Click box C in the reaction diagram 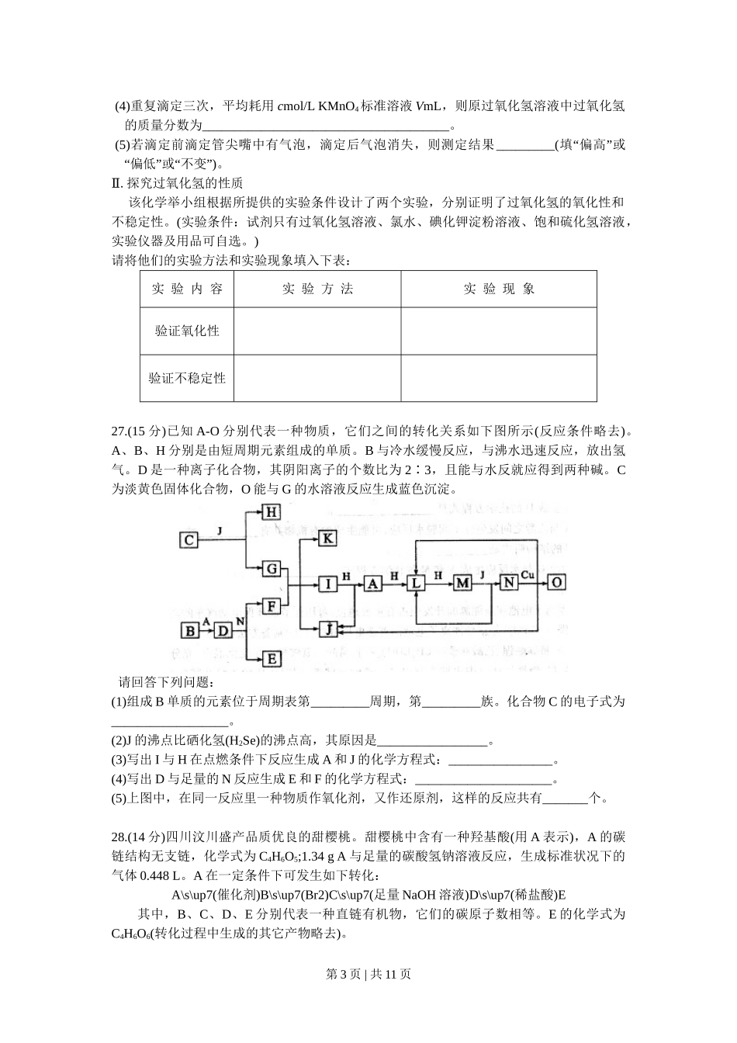190,539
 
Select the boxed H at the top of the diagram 271,512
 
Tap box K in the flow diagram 328,538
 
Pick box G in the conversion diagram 271,569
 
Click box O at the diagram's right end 556,582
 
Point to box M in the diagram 462,583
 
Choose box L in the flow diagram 417,583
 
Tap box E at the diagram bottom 271,658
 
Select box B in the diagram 189,630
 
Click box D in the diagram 222,630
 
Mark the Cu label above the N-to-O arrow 528,574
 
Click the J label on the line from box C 220,531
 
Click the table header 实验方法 317,289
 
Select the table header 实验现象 499,289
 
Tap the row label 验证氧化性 187,331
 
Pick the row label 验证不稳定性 187,378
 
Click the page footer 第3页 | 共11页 368,974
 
